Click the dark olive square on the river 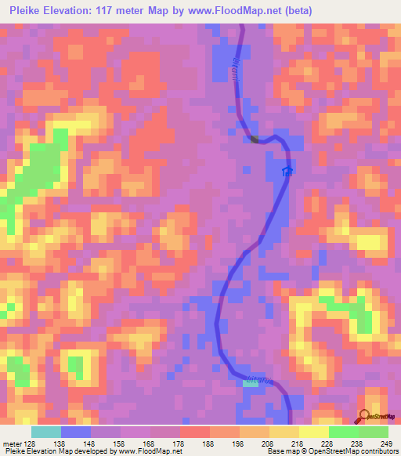pos(254,139)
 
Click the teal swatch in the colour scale pos(46,432)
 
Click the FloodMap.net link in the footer pos(157,451)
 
